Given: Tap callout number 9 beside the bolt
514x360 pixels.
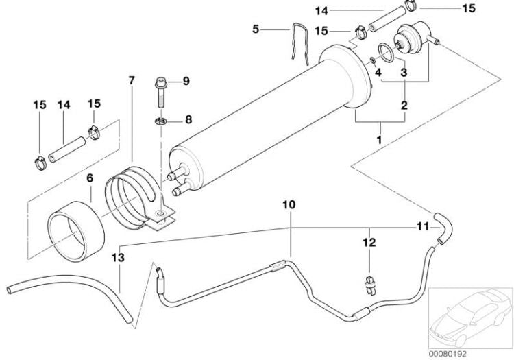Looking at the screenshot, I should [185, 82].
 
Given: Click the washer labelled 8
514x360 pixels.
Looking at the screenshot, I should [161, 121].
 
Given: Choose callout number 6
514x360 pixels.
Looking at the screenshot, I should [89, 178].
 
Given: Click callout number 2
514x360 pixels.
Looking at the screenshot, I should [404, 106].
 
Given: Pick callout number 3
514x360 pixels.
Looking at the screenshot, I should [404, 72].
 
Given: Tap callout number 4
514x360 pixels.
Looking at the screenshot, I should [378, 72].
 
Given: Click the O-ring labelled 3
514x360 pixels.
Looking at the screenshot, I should [386, 53].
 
